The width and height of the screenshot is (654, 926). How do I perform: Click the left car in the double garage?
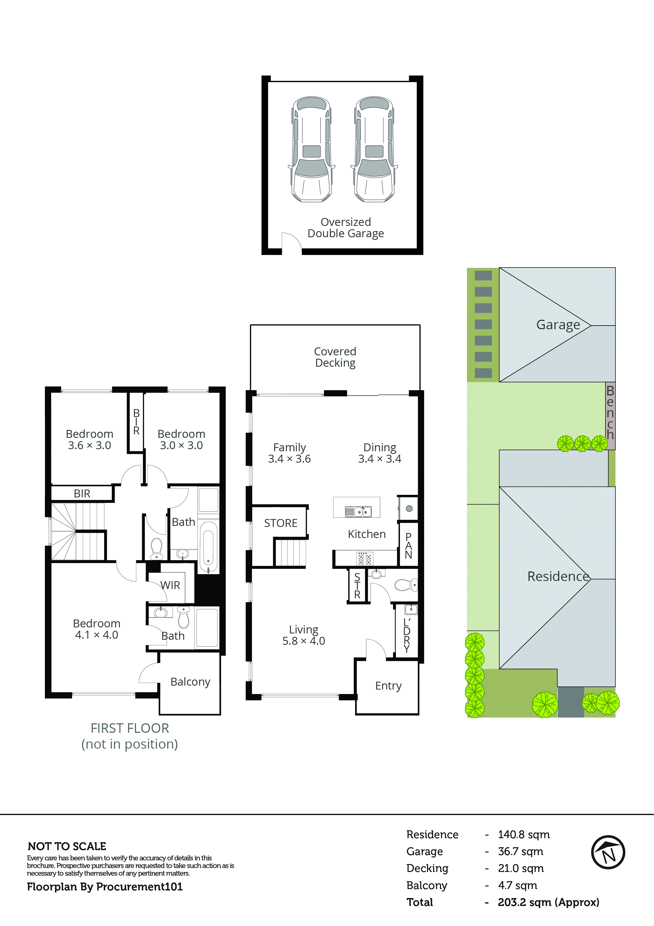coord(311,149)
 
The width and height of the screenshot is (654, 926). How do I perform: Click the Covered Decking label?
coord(335,357)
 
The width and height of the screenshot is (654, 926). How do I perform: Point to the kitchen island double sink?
coord(358,511)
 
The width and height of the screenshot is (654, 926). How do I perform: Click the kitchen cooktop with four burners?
coord(365,559)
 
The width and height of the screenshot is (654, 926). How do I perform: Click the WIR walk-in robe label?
coord(170,585)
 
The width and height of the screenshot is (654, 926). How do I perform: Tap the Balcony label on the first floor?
coord(190,682)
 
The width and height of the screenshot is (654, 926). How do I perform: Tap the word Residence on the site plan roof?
coord(558,576)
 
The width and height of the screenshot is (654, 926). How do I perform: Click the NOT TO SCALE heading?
coord(67,846)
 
